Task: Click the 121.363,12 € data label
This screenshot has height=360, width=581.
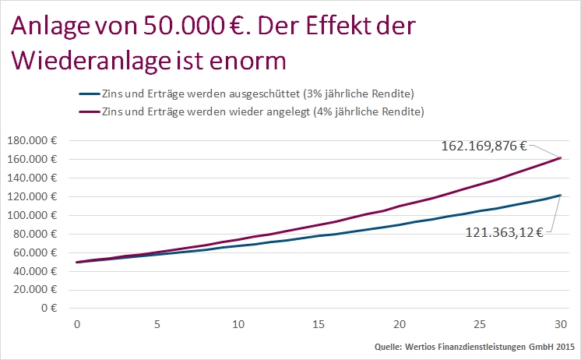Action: [504, 231]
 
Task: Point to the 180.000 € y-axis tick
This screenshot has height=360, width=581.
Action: [37, 141]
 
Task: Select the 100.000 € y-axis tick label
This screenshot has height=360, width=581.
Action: [37, 215]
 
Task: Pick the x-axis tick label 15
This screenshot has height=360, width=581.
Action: [319, 323]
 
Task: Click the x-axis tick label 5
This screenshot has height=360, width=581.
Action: [157, 323]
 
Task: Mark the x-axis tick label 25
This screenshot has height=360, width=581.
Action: [480, 323]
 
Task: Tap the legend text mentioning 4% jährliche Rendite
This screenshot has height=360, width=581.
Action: [263, 111]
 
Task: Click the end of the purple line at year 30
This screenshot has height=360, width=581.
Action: [561, 158]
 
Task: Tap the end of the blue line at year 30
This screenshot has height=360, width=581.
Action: [561, 196]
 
